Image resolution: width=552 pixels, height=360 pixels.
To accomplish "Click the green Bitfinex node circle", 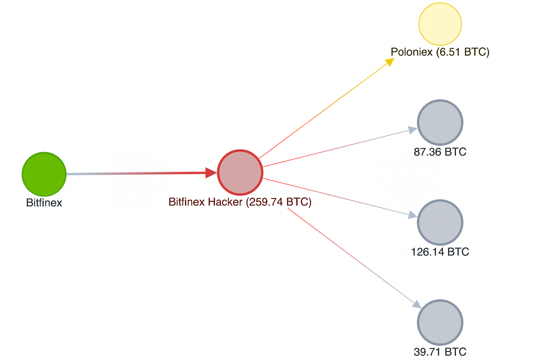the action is (44, 174).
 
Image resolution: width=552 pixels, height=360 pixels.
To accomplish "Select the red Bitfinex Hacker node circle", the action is (240, 172).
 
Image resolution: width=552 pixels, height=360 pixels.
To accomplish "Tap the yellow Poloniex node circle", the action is (440, 24).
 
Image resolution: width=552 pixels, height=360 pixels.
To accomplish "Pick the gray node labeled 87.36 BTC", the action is (440, 122).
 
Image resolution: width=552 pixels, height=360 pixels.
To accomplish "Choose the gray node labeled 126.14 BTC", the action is (440, 222).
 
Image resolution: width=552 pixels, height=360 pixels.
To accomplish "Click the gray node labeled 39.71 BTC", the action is (440, 322).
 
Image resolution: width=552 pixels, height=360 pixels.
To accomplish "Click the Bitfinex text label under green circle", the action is (44, 203).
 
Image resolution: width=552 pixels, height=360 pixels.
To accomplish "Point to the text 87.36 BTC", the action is (440, 152).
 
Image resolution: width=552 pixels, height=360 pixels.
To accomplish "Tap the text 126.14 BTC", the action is (440, 252).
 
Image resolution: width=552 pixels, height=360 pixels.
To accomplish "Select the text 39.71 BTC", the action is (440, 351).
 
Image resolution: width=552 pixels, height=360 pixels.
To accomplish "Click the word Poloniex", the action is (412, 52).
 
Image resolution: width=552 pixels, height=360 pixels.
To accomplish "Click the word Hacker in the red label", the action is (225, 202).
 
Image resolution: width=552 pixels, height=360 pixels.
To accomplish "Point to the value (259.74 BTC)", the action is (279, 202).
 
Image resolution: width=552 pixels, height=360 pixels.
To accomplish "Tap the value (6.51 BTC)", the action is (462, 52).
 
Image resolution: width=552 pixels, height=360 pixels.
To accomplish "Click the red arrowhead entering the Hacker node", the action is (211, 173).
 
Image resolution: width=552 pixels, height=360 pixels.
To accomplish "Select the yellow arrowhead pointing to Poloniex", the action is (390, 62).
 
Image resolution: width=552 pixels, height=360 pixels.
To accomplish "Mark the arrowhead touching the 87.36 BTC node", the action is (412, 130).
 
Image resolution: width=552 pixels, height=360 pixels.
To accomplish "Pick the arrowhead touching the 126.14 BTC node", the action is (413, 215).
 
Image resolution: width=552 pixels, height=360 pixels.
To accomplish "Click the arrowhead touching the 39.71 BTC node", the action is (416, 304).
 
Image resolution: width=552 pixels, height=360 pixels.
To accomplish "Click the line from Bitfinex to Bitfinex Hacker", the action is (134, 173).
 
